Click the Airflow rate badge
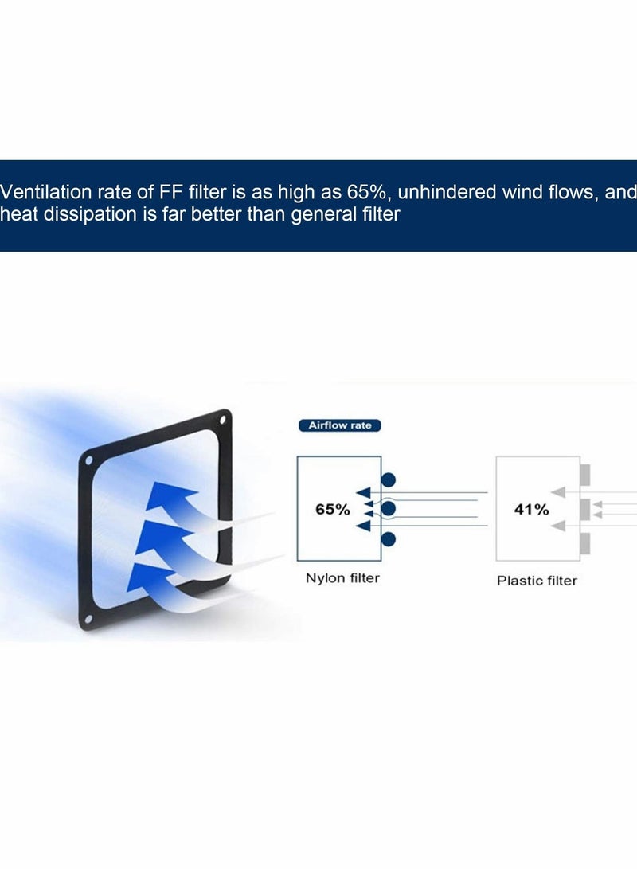click(x=339, y=425)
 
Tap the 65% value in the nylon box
click(x=332, y=509)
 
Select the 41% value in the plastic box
click(x=531, y=509)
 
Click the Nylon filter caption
click(x=342, y=578)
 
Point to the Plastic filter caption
click(x=537, y=581)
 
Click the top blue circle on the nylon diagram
click(x=389, y=480)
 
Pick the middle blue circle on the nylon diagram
click(x=389, y=509)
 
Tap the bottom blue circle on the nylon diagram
click(x=389, y=538)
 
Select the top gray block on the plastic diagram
click(x=585, y=475)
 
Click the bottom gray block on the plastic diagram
click(x=585, y=544)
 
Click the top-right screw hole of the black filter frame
click(x=223, y=421)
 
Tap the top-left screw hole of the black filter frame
click(x=88, y=461)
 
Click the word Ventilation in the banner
click(x=46, y=192)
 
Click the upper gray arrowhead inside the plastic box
click(x=558, y=492)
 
